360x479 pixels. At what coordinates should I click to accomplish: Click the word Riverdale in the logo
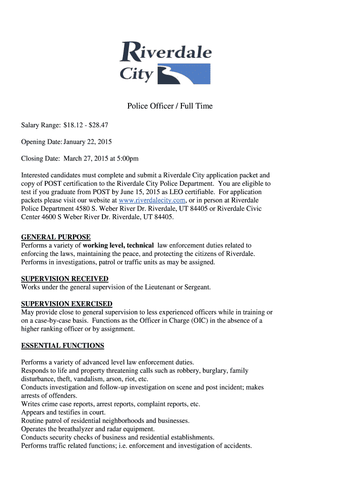pos(166,52)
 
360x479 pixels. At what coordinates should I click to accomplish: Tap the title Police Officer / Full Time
pos(170,106)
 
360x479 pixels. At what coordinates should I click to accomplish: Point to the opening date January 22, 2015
pos(87,142)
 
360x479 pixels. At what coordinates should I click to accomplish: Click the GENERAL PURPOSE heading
pos(56,237)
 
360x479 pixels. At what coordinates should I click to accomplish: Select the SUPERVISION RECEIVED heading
pos(65,279)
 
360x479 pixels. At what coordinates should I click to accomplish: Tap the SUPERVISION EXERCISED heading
pos(66,304)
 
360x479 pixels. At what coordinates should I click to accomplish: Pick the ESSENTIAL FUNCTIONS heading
pos(63,346)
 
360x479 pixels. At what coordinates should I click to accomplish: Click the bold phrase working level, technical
pos(118,245)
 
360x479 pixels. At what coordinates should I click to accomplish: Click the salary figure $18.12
pos(72,125)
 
